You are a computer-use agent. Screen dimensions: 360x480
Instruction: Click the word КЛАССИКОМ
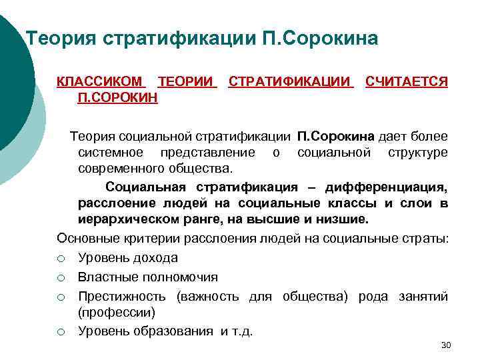coord(100,82)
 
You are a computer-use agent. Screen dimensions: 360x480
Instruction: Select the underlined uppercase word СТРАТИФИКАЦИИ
coord(291,82)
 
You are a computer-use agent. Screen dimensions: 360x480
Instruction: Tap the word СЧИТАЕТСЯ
coord(406,82)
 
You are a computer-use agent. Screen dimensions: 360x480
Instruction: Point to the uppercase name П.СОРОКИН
coord(117,97)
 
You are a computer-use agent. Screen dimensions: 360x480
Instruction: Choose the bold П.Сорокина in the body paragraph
coord(335,137)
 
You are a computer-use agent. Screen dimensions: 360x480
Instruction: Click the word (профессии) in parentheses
coord(116,312)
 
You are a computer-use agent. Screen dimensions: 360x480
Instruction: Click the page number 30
coord(446,345)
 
